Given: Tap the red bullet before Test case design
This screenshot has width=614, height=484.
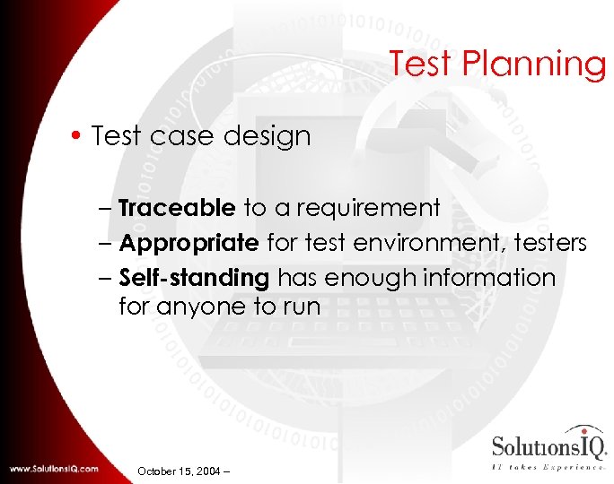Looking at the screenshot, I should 78,136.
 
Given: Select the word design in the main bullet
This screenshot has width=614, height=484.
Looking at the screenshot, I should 268,137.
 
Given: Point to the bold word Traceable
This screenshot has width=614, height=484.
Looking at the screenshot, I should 177,208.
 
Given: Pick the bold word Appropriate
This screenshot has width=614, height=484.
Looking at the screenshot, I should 189,243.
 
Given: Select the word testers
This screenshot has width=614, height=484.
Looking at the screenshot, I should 548,243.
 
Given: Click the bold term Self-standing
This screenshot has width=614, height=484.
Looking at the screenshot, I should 194,278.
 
